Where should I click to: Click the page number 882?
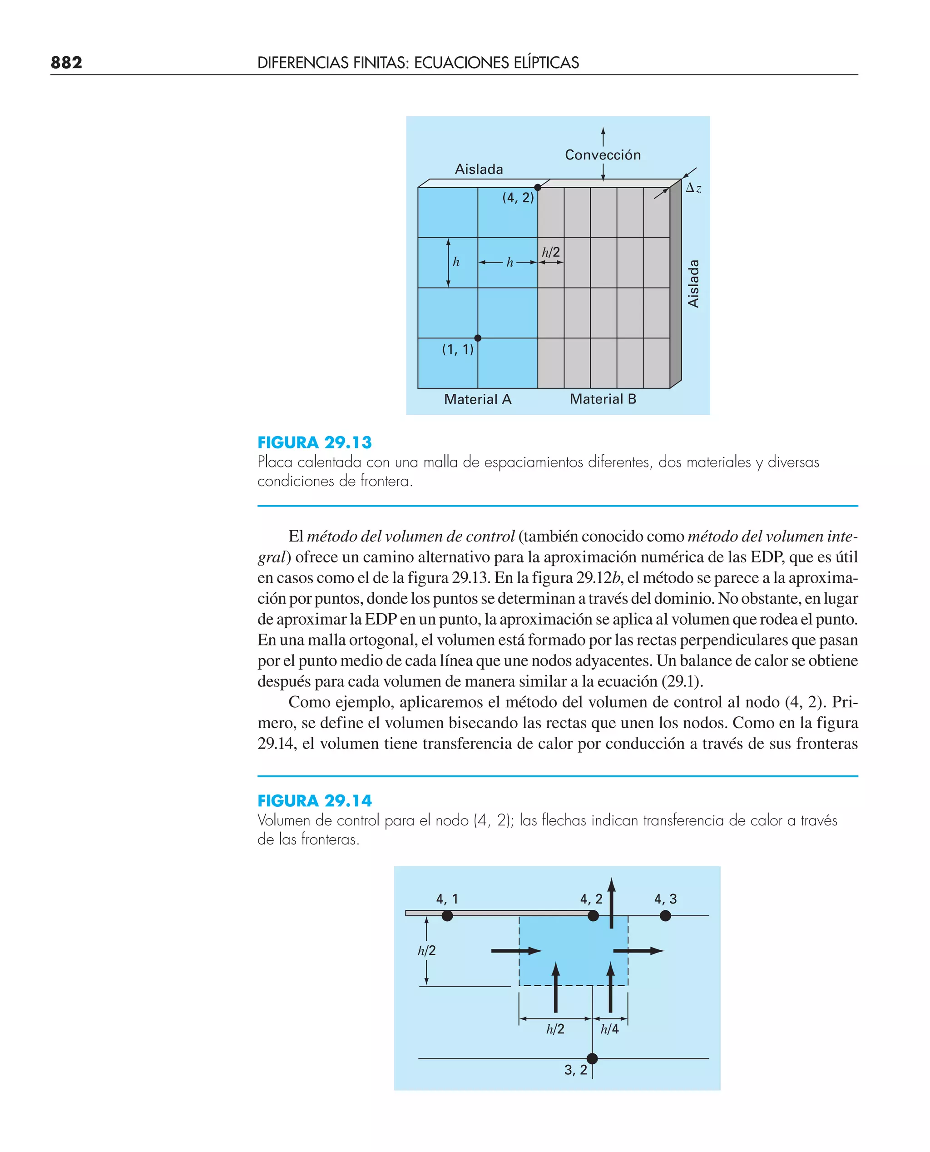66,63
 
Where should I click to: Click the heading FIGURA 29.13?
314,442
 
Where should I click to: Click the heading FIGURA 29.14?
314,800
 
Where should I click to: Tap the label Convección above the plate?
603,155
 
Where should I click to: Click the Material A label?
477,399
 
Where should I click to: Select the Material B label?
603,399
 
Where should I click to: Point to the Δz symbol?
693,188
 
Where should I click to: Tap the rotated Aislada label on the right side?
693,283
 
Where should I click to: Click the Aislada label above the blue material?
479,169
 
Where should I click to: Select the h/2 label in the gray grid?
551,252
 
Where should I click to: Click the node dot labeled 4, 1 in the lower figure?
447,916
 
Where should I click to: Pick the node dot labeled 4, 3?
665,916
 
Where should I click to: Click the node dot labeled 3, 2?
592,1058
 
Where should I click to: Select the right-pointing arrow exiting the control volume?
638,951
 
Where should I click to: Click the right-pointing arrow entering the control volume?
516,951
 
